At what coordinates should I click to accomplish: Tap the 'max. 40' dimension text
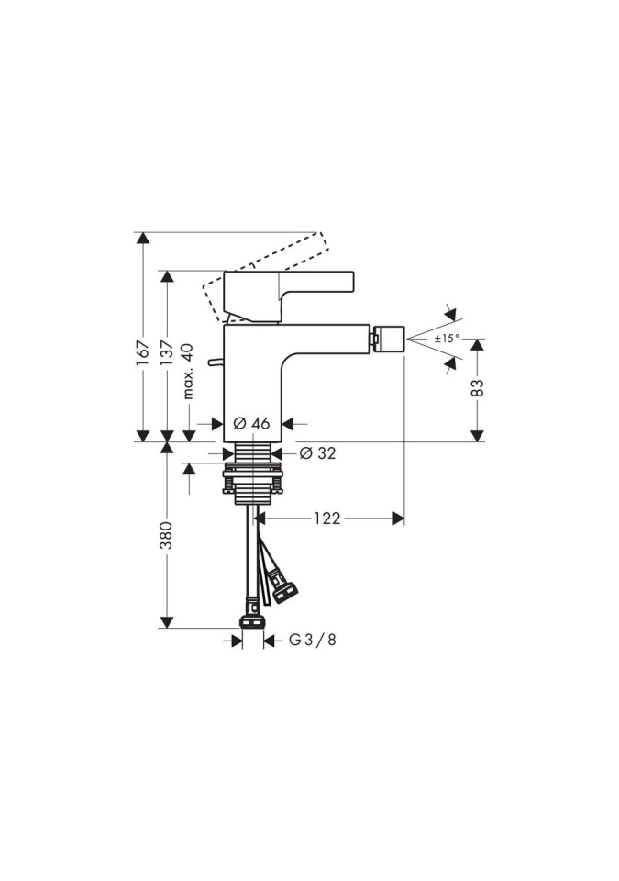[188, 372]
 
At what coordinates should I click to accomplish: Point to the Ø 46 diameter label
[251, 423]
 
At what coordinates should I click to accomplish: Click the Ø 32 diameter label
[317, 452]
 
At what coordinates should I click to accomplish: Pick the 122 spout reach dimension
[327, 518]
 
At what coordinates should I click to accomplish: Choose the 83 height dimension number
[477, 387]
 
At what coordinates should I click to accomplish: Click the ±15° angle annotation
[447, 339]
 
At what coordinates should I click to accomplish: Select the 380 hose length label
[167, 536]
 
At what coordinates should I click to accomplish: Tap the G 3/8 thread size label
[313, 640]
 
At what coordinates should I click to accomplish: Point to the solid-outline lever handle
[290, 297]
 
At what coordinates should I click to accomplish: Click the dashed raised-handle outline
[264, 273]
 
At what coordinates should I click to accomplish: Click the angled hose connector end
[283, 586]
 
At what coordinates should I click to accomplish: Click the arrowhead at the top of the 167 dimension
[144, 239]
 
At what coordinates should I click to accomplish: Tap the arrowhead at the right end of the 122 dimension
[398, 519]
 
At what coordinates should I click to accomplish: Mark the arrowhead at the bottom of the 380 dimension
[166, 622]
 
